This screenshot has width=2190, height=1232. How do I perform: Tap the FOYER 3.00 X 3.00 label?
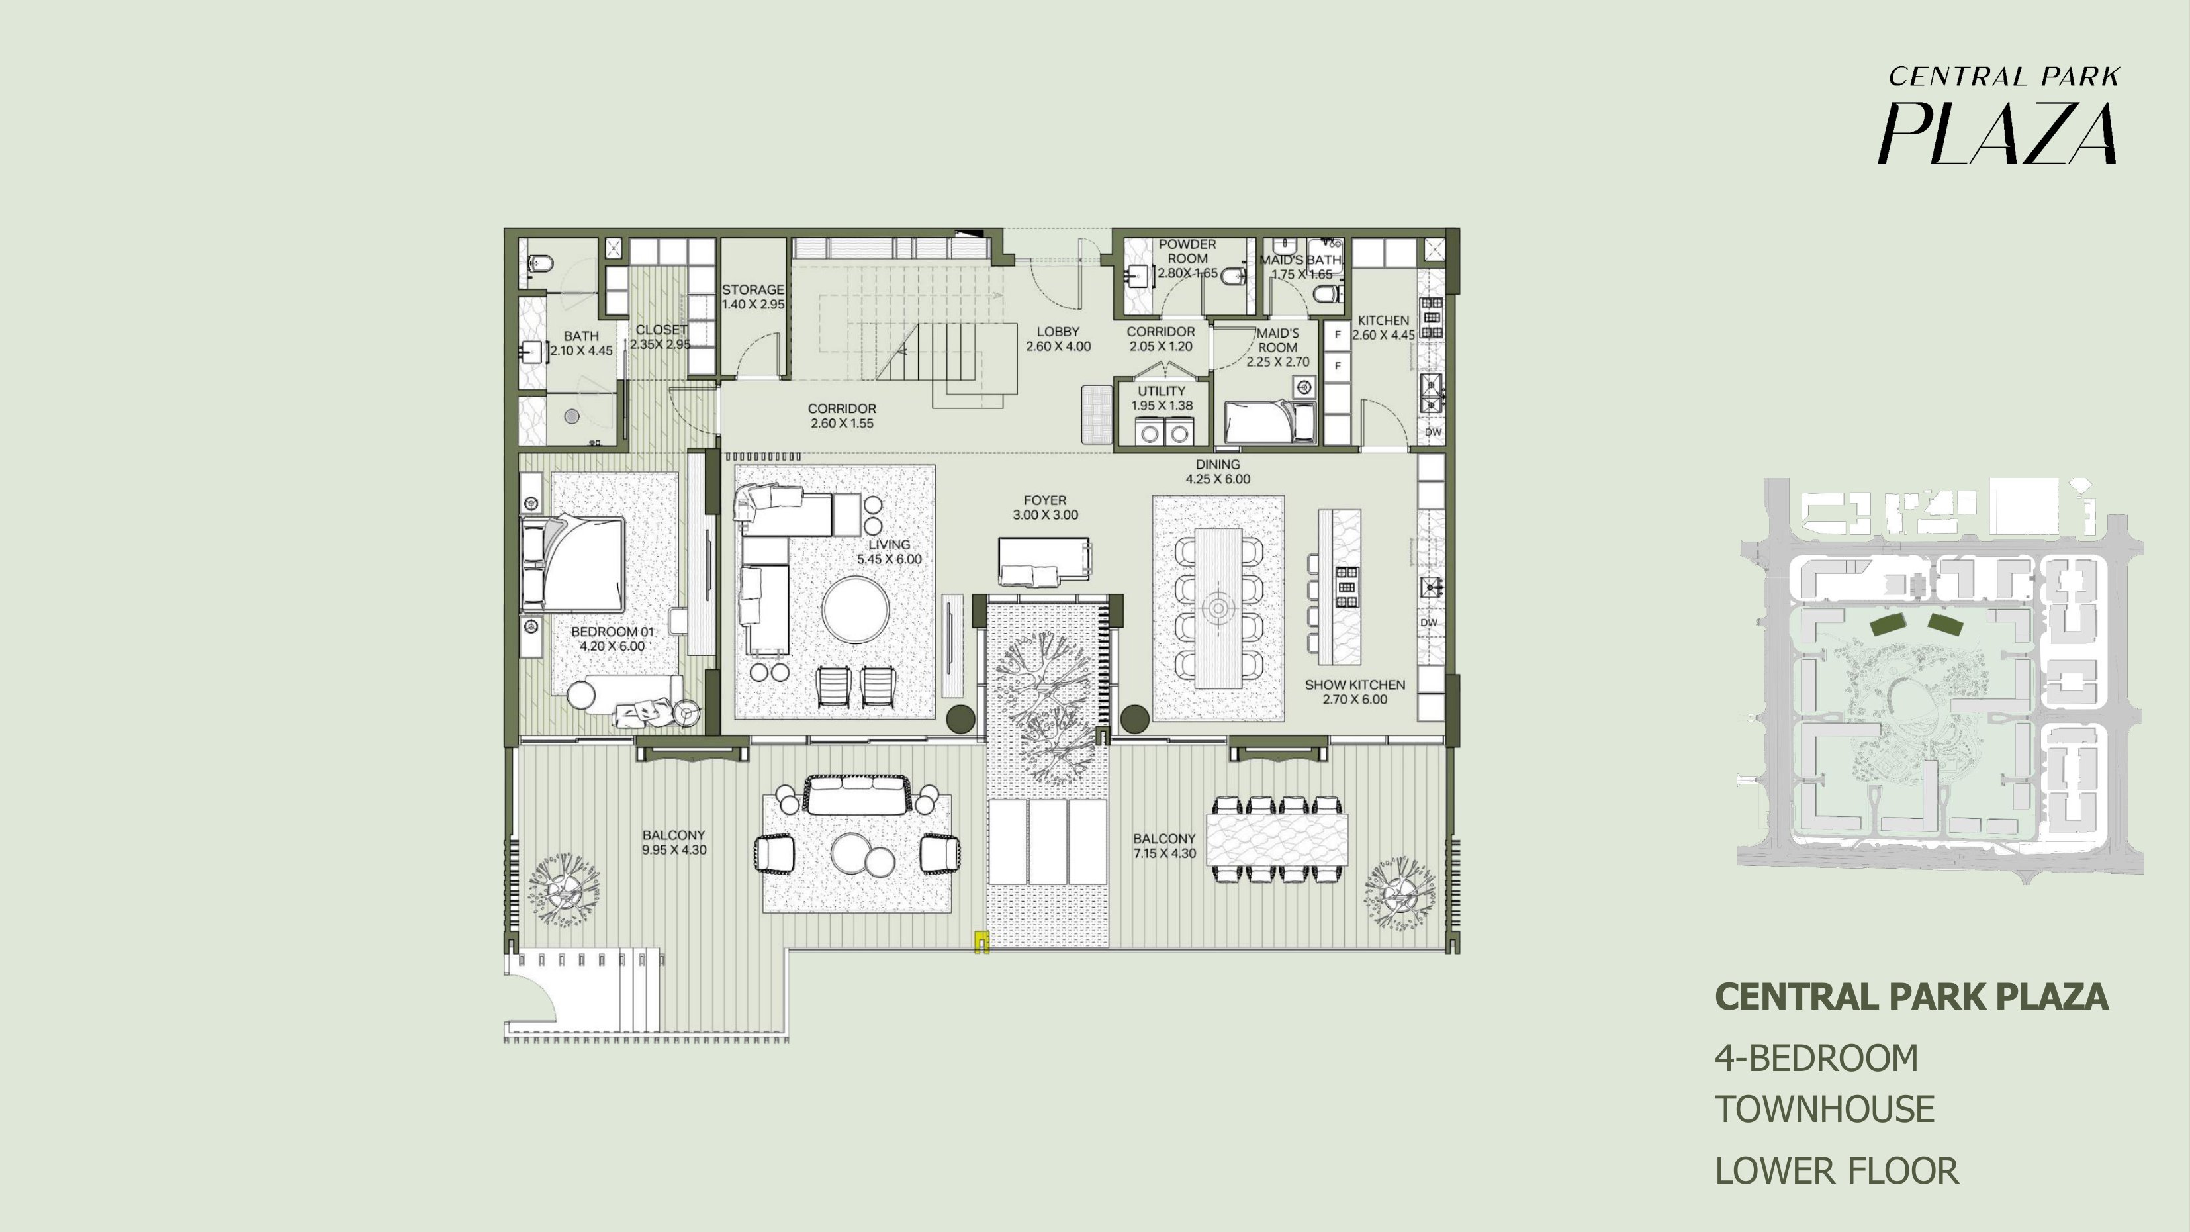[1045, 508]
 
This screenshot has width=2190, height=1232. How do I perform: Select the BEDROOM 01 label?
[612, 639]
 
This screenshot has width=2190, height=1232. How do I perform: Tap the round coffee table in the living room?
[856, 610]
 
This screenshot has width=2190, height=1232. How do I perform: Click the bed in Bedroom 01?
[574, 563]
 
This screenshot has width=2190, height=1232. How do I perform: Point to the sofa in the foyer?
[1044, 561]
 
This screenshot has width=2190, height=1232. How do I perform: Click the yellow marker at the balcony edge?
[981, 942]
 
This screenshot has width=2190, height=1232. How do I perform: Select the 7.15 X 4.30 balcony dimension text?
[1164, 853]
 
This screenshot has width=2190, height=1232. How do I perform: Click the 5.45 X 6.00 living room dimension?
[890, 559]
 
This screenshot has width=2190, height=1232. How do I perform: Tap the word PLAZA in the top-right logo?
[1997, 134]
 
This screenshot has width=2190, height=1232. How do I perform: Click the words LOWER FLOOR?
[1837, 1171]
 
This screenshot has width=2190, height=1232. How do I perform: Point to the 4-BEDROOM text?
[1816, 1059]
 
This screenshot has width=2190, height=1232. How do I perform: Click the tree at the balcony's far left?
[563, 888]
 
